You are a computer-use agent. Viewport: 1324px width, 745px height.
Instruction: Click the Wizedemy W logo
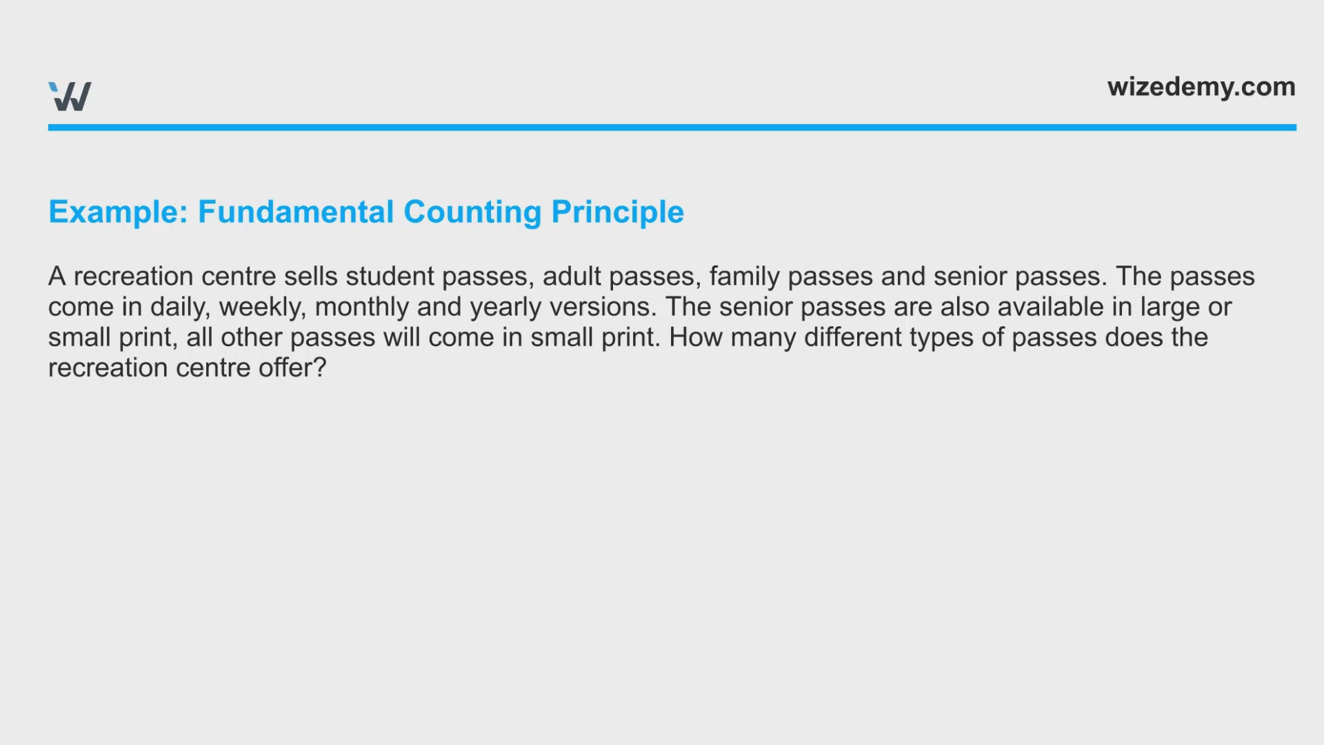(x=70, y=97)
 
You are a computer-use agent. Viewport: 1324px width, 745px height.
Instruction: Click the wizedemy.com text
(x=1201, y=87)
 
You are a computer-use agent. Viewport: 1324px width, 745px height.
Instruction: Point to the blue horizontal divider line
(x=672, y=128)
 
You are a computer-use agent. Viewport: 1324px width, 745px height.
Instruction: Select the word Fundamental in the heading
(x=296, y=212)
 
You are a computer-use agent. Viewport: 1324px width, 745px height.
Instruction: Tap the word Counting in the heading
(x=472, y=212)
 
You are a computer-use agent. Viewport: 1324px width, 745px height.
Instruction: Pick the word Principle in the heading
(x=618, y=212)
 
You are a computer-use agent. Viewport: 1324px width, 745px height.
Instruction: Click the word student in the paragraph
(x=390, y=276)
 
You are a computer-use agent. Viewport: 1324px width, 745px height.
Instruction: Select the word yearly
(x=506, y=308)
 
